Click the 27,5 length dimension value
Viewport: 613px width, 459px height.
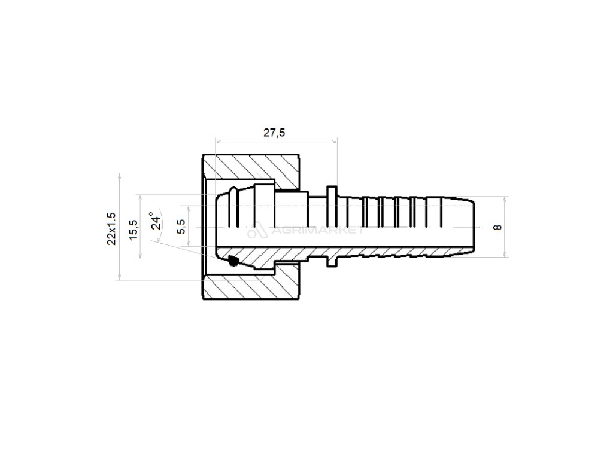tap(275, 133)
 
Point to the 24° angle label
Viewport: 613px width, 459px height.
tap(155, 221)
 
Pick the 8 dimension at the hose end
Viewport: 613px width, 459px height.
tap(497, 227)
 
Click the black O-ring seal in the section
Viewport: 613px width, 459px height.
tap(233, 261)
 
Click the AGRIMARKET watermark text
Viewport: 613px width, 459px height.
tap(317, 230)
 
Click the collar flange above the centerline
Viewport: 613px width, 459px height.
tap(332, 190)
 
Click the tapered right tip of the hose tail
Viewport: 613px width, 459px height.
tap(473, 227)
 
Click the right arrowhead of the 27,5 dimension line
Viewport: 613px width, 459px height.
tap(335, 142)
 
